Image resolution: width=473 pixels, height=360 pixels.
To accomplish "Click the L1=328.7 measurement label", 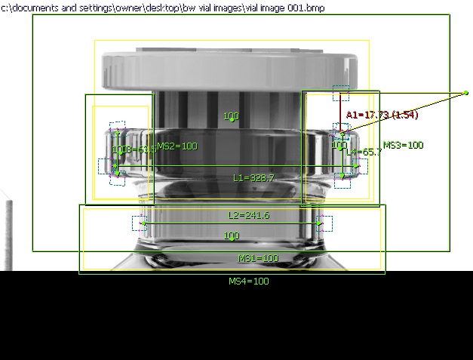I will [253, 178].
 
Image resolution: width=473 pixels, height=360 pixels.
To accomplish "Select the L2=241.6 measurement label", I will [248, 215].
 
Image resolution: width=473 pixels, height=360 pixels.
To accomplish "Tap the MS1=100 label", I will [258, 258].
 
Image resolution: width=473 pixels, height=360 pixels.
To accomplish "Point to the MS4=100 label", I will [248, 282].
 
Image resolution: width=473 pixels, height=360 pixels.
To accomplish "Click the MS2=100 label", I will [177, 146].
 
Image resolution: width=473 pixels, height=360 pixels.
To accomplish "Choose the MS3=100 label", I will [404, 146].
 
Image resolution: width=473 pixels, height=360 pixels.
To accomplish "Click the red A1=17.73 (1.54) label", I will [382, 115].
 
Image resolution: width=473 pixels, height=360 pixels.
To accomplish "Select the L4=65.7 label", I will [364, 152].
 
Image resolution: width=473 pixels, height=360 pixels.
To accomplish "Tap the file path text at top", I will [152, 7].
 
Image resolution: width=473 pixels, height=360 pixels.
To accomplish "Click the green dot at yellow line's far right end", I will [466, 93].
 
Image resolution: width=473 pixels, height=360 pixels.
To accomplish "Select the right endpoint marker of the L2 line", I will [320, 223].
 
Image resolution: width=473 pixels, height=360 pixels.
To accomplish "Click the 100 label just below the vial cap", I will [232, 116].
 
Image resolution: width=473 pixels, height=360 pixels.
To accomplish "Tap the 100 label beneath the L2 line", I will [232, 236].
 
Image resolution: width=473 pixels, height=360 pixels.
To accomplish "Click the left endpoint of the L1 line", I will [113, 167].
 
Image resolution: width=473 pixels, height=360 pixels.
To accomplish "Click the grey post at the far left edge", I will [8, 234].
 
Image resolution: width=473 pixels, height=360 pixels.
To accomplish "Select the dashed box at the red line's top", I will [340, 93].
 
